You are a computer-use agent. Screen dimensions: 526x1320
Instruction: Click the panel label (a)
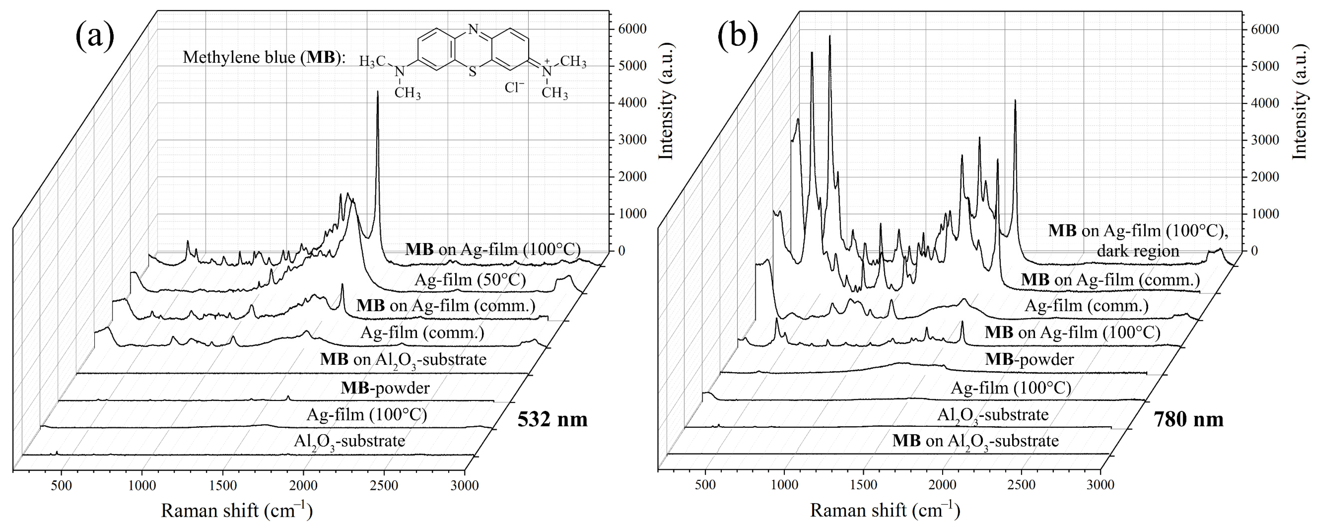pos(95,37)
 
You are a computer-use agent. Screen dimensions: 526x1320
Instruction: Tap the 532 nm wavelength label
pos(552,419)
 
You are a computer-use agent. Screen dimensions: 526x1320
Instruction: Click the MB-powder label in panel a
pos(385,388)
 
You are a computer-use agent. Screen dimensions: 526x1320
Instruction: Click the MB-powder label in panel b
pos(1029,359)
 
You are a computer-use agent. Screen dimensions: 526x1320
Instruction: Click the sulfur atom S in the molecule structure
pos(472,72)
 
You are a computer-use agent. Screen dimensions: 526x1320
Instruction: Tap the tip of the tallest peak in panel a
pos(378,92)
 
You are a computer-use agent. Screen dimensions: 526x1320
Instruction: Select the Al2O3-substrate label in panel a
pos(349,441)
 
